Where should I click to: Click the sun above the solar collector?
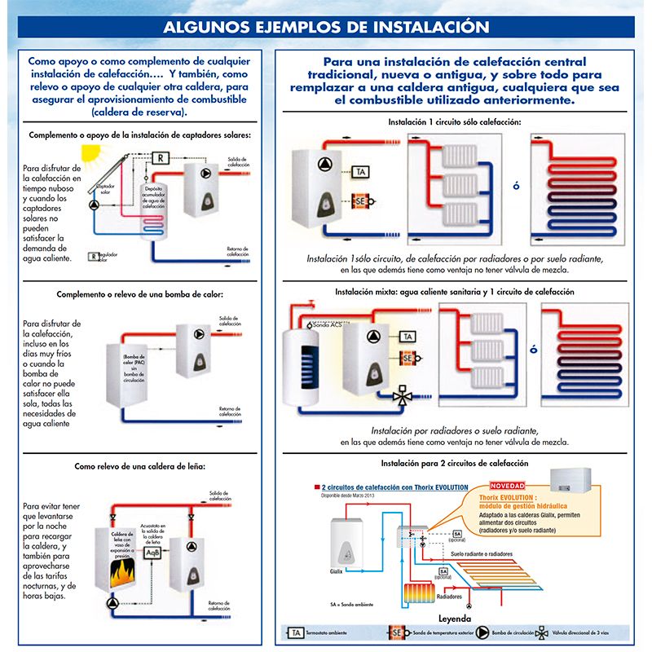91,155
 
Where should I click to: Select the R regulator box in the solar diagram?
161,157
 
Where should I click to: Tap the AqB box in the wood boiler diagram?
152,552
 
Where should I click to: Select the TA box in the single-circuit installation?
360,172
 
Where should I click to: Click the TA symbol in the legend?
295,632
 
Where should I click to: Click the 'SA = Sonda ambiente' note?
352,606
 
